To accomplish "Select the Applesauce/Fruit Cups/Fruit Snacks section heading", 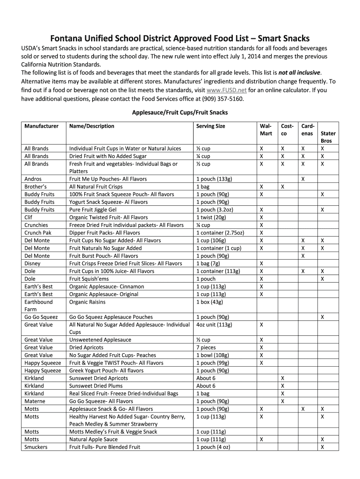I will tap(180, 112).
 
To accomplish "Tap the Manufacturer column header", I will tap(42, 126).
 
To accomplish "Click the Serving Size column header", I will tap(210, 126).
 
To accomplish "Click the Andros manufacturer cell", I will tap(33, 179).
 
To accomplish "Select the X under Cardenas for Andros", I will tap(303, 179).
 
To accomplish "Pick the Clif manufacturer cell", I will tap(29, 217).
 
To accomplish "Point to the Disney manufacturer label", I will tap(32, 263).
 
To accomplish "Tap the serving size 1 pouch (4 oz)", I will tap(213, 447).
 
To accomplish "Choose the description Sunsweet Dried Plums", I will tap(96, 385).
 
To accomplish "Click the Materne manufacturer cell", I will tap(34, 401).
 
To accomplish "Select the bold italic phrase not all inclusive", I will tap(299, 73).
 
